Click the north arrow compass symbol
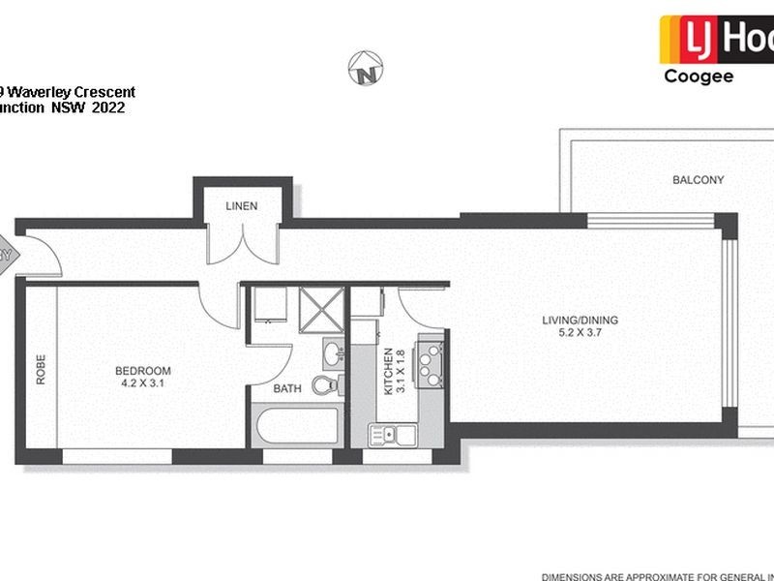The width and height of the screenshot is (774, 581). click(364, 69)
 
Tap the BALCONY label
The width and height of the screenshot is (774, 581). click(698, 180)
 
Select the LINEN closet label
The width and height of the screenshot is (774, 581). click(241, 206)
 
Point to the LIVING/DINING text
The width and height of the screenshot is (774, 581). click(580, 321)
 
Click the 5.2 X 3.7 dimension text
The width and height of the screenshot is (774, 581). click(580, 333)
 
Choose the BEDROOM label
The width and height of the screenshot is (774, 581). click(142, 371)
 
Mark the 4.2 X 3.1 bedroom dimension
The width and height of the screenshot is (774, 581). click(142, 383)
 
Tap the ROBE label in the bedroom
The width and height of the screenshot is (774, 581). click(41, 373)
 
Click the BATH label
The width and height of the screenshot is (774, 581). click(286, 389)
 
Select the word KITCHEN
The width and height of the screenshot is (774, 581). click(389, 371)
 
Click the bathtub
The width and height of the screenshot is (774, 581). click(294, 427)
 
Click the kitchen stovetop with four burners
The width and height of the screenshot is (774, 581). click(430, 360)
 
